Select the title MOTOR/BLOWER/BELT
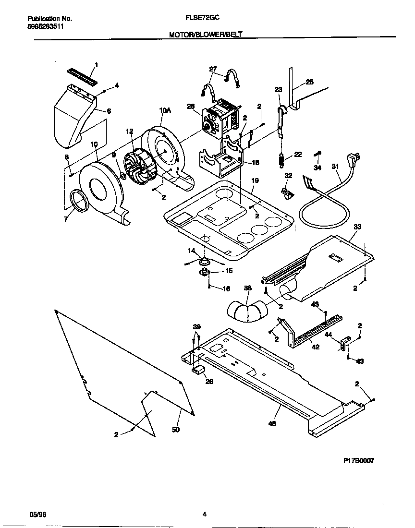[x=206, y=34]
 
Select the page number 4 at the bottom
[x=204, y=515]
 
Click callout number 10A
[x=165, y=110]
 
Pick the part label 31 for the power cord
[x=335, y=167]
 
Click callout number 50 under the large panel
[x=176, y=430]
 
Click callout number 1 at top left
[x=96, y=64]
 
